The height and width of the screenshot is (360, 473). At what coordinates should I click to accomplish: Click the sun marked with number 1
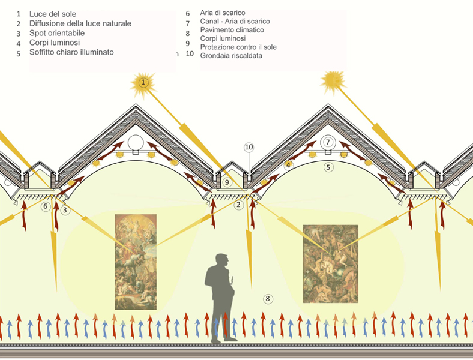[143, 83]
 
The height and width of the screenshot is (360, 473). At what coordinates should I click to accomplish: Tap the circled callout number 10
[249, 147]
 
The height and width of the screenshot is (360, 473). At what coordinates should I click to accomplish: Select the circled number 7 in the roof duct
[328, 142]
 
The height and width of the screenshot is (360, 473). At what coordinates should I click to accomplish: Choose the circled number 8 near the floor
[268, 299]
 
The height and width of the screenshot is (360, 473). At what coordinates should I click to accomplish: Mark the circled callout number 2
[239, 205]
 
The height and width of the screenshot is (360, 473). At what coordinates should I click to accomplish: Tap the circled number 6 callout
[46, 206]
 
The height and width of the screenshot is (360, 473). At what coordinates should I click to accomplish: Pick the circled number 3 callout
[65, 210]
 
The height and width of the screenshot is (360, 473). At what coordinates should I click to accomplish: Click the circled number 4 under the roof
[288, 165]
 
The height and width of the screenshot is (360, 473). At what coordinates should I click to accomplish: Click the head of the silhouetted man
[221, 260]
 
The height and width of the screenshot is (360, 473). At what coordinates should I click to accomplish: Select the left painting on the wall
[136, 262]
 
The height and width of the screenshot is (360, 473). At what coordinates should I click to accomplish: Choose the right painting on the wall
[330, 264]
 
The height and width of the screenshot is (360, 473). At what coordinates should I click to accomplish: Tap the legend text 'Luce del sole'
[53, 14]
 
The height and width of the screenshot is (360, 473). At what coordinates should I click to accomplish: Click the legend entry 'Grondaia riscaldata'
[231, 55]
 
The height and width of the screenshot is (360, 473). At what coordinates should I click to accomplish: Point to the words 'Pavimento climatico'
[232, 30]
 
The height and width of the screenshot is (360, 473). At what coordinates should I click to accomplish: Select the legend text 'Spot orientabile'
[57, 33]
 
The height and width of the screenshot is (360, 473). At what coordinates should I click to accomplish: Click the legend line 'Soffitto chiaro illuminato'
[71, 52]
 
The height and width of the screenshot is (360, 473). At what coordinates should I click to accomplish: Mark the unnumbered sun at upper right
[333, 82]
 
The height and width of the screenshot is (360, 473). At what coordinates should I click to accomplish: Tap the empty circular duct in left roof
[136, 142]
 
